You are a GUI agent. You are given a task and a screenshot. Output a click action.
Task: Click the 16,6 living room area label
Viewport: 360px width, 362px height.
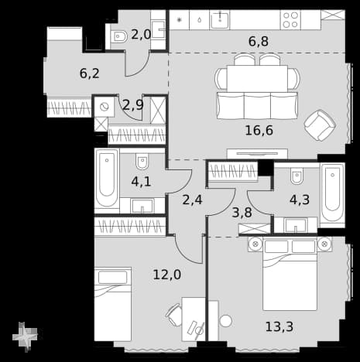(259, 131)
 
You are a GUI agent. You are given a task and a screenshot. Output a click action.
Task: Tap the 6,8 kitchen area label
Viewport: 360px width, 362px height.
(259, 41)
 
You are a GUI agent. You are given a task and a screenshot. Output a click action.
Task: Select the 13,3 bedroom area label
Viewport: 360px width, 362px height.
(279, 326)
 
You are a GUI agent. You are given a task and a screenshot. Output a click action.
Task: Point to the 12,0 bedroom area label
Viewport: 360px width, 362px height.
(167, 275)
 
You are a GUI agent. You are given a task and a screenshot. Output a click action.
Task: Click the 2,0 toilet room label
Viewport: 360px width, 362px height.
(141, 34)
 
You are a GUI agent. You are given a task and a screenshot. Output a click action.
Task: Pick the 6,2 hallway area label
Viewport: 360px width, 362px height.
(90, 73)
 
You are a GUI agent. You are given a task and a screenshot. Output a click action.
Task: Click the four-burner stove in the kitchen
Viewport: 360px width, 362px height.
(290, 20)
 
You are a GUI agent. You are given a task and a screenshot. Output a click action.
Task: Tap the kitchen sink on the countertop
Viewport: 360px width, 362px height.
(220, 20)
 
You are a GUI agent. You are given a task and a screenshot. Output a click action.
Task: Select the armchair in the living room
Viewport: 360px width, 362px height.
(320, 125)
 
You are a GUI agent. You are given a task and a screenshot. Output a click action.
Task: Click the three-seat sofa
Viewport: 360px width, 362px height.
(257, 105)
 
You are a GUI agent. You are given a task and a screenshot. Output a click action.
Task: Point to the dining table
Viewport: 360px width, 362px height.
(257, 78)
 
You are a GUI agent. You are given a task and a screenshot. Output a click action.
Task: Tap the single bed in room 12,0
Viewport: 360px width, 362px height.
(113, 304)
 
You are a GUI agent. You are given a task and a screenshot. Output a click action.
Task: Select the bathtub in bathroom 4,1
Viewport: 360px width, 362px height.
(107, 180)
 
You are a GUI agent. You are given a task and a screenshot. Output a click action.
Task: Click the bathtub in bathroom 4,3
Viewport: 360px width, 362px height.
(332, 195)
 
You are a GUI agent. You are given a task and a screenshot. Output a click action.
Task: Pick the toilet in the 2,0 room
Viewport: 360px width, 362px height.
(119, 37)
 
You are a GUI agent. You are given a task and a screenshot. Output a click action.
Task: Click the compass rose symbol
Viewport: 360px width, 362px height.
(25, 336)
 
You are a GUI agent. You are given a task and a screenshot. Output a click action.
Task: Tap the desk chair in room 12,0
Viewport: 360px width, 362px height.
(173, 315)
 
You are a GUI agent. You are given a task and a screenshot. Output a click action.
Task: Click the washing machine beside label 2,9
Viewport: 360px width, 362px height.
(105, 107)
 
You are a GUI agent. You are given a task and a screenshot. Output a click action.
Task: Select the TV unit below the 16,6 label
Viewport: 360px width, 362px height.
(257, 154)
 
